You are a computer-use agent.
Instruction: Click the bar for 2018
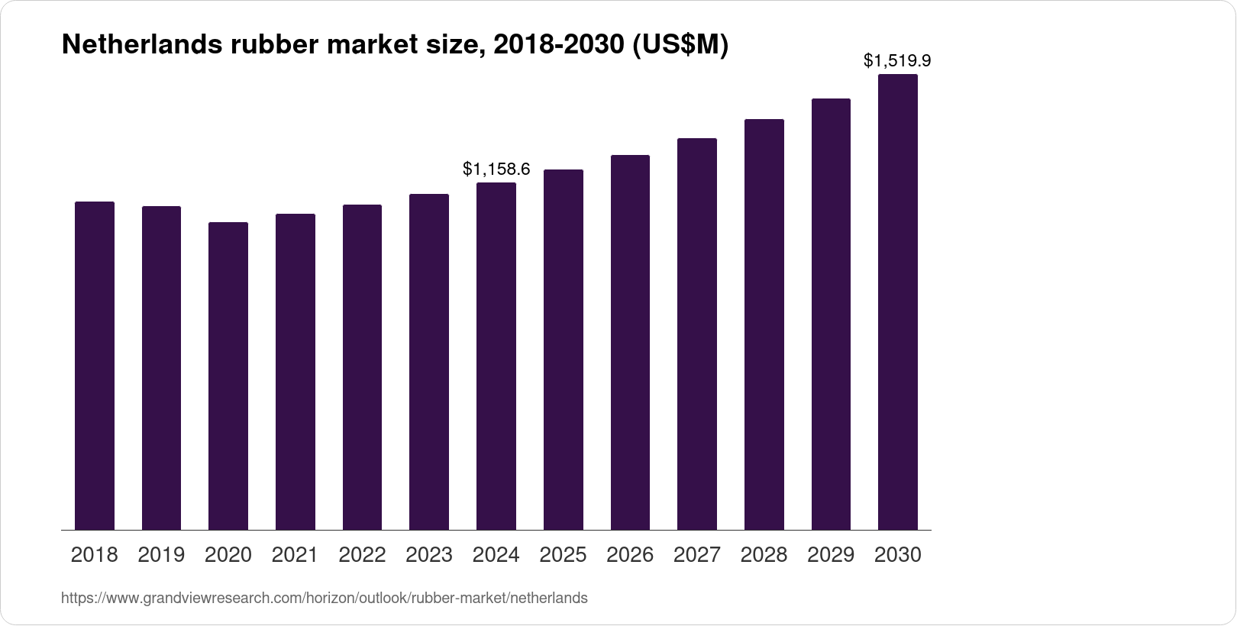[x=95, y=366]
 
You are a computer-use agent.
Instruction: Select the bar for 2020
[x=228, y=376]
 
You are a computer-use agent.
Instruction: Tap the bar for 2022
[x=362, y=367]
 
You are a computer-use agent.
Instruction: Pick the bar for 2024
[x=496, y=356]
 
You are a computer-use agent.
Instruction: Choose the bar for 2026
[x=630, y=342]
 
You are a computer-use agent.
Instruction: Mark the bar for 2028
[x=764, y=324]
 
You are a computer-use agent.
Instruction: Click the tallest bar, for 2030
[x=898, y=302]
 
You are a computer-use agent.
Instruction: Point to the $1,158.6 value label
[x=496, y=169]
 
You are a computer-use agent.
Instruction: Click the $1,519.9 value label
[x=897, y=60]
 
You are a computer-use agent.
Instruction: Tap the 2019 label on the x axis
[x=161, y=555]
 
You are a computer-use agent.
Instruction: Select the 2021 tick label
[x=295, y=555]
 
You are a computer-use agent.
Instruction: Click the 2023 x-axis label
[x=429, y=555]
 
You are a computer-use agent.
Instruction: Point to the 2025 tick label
[x=563, y=555]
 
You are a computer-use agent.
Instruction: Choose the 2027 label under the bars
[x=697, y=555]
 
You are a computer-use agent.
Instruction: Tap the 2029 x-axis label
[x=831, y=555]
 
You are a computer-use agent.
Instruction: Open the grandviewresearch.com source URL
[x=324, y=598]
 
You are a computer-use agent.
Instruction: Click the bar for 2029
[x=831, y=314]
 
